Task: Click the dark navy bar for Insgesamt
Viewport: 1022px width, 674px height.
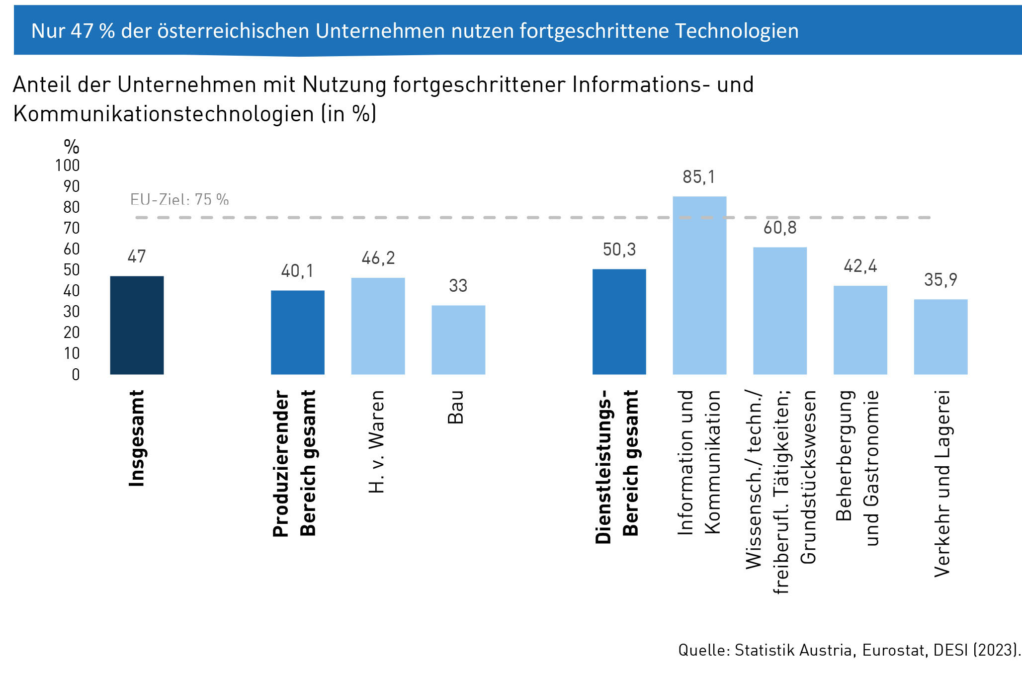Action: [x=137, y=325]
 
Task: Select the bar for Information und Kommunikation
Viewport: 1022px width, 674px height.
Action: [x=699, y=285]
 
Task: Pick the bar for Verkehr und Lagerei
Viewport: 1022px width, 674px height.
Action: [x=940, y=337]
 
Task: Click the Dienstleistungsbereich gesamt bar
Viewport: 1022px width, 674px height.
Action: [x=619, y=322]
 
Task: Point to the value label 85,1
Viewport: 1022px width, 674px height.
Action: [x=698, y=177]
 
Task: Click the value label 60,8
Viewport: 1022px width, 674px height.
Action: [x=780, y=228]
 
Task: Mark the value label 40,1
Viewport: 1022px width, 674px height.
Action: [x=297, y=271]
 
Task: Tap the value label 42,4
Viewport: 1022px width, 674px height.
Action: [x=860, y=266]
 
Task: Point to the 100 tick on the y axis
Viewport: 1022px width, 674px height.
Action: [x=68, y=166]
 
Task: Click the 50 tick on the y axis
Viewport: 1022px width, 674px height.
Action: [x=72, y=270]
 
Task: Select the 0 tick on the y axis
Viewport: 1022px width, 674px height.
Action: [x=76, y=375]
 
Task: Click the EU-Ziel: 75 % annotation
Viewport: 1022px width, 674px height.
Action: [x=179, y=200]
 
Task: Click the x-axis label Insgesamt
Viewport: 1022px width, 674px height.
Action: [x=137, y=438]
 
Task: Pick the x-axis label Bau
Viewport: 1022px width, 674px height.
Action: [x=456, y=407]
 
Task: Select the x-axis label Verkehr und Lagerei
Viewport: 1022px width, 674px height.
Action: [x=942, y=483]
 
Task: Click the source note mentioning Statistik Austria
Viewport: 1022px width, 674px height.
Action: [x=849, y=650]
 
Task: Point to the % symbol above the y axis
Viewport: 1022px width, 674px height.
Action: [x=72, y=147]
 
